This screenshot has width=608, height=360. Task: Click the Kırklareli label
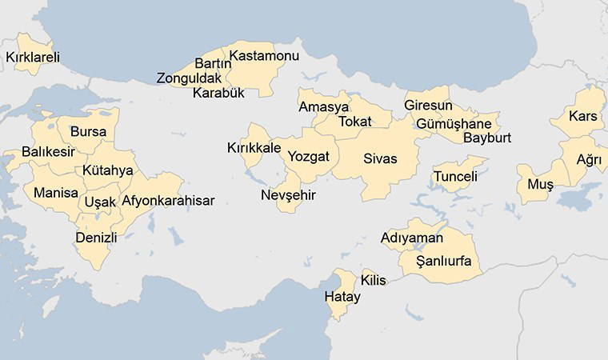click(33, 58)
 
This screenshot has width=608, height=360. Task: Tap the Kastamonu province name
click(264, 56)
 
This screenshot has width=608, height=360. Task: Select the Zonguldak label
click(188, 78)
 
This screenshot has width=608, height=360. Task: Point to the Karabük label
click(218, 93)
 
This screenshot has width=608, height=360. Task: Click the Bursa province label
click(88, 132)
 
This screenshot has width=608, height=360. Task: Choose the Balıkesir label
click(48, 152)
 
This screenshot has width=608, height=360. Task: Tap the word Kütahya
click(108, 170)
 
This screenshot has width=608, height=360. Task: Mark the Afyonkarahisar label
click(168, 201)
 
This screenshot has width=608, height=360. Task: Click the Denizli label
click(96, 238)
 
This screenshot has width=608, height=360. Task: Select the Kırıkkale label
click(254, 148)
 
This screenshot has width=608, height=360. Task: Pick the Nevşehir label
click(288, 195)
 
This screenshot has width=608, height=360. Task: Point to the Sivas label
click(380, 158)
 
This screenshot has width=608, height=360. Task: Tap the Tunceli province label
click(455, 176)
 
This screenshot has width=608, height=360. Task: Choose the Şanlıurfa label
click(445, 262)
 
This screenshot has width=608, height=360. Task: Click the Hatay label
click(342, 297)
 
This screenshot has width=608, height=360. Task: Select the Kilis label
click(374, 280)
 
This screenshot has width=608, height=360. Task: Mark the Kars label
click(583, 117)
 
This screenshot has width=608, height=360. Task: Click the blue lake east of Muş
click(579, 197)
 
